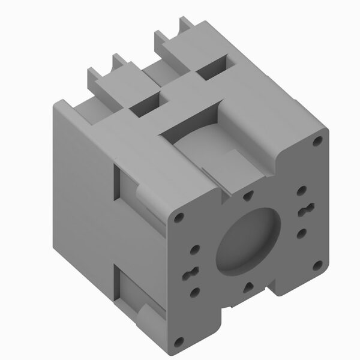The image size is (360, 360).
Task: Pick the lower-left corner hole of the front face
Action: (x=178, y=341)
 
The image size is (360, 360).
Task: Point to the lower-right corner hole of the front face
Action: (x=319, y=265)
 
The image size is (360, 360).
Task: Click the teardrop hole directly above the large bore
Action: (x=248, y=194)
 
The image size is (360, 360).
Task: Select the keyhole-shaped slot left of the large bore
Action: (x=194, y=271)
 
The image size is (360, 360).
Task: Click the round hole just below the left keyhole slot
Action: (x=194, y=293)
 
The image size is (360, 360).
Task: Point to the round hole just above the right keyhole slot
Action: (x=302, y=191)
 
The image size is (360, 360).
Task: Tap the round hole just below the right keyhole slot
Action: (x=302, y=233)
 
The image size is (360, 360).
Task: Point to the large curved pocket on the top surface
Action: (x=204, y=144)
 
